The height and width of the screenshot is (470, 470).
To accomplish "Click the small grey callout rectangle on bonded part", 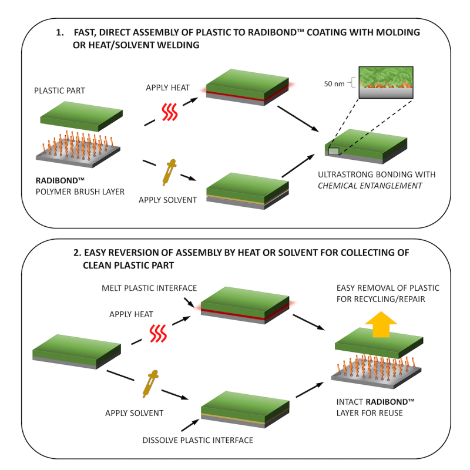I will click(333, 151).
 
